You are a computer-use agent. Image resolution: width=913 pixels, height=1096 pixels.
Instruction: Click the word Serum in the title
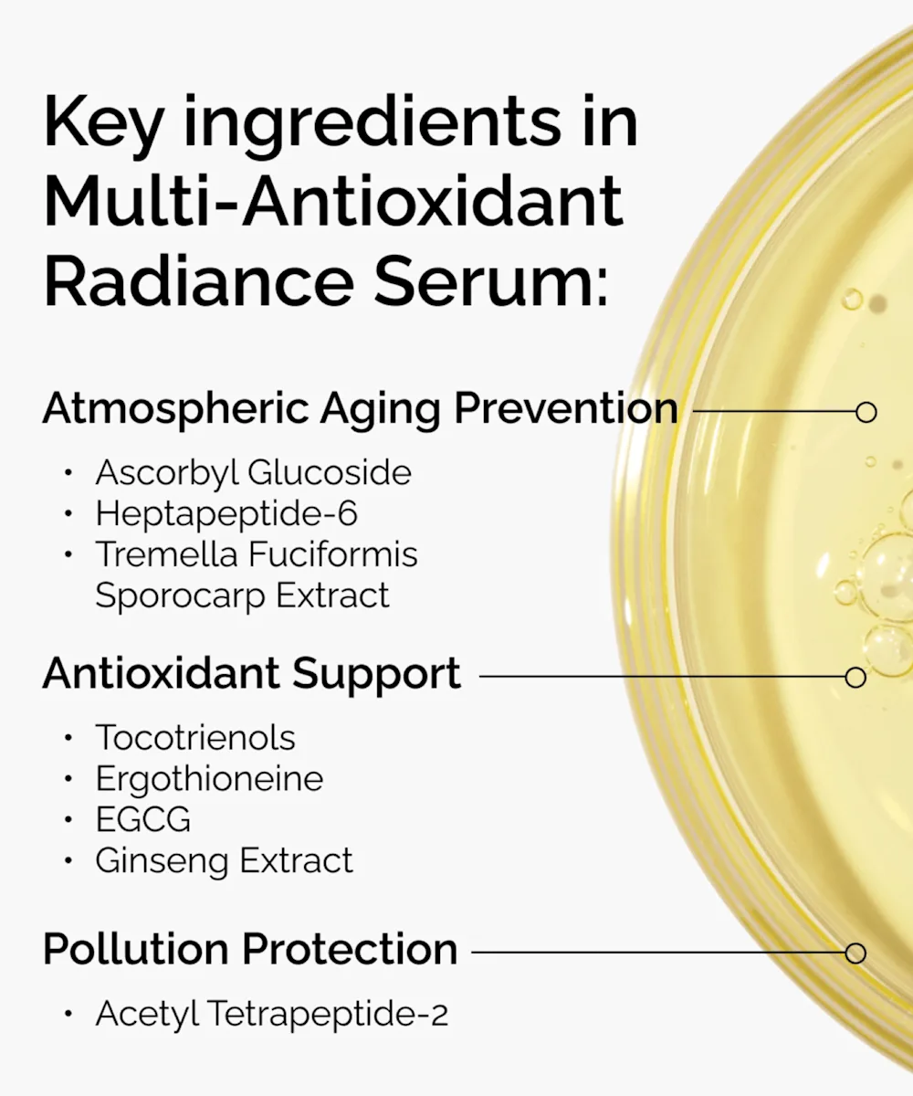(491, 281)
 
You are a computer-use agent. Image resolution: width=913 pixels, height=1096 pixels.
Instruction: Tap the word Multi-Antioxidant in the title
(334, 201)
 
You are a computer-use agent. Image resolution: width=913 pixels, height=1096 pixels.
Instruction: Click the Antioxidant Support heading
(252, 674)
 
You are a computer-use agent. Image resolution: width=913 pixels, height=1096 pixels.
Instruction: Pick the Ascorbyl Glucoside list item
(254, 473)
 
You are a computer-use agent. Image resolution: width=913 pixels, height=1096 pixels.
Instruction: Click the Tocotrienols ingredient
(195, 737)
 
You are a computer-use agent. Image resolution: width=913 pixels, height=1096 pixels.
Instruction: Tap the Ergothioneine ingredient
(209, 779)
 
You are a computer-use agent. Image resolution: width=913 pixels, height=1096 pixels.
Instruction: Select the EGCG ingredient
(143, 819)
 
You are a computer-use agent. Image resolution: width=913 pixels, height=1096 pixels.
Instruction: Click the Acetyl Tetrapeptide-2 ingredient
(272, 1014)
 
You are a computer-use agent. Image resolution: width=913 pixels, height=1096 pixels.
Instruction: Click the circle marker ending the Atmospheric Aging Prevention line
(866, 412)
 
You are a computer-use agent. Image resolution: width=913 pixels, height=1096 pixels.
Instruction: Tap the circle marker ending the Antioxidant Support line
(855, 677)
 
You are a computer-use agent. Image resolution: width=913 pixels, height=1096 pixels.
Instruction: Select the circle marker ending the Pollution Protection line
(855, 953)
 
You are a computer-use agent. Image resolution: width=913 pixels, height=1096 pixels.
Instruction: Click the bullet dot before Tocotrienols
(68, 738)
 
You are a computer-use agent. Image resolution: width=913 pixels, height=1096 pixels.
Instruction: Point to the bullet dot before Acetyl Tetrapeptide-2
(68, 1014)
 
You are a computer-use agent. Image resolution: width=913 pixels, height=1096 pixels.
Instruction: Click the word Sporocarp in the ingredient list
(180, 596)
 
